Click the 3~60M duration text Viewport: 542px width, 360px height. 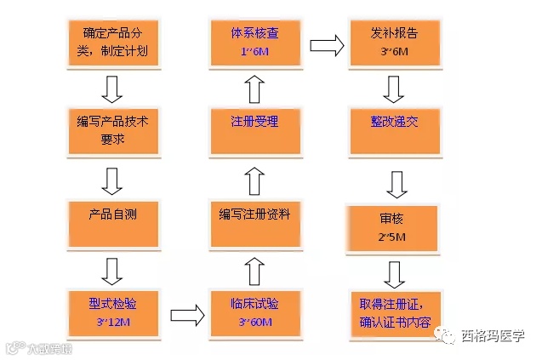tap(254, 323)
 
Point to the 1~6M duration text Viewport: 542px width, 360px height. tap(254, 54)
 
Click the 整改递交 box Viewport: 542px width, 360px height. tap(394, 129)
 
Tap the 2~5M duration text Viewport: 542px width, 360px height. tap(394, 236)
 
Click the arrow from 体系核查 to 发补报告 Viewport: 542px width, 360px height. tap(324, 43)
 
